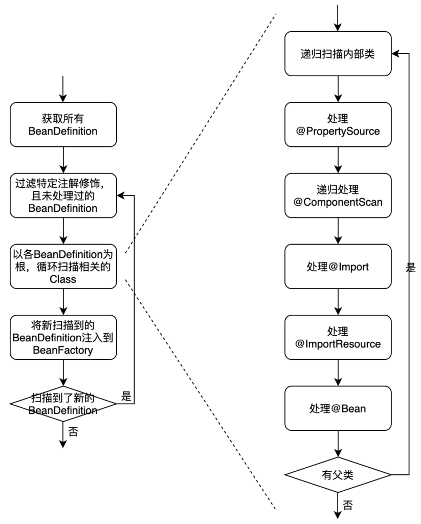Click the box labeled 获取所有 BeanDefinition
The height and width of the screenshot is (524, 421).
63,124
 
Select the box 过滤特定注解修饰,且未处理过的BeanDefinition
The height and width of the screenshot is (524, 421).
63,196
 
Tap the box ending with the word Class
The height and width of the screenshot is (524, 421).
63,266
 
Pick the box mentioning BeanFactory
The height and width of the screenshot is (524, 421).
63,337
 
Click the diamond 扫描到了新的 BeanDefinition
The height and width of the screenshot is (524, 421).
63,404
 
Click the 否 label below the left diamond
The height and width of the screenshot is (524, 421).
73,431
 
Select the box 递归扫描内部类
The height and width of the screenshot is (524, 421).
338,54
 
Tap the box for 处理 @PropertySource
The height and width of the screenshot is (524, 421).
338,124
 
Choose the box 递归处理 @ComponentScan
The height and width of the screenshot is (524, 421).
338,195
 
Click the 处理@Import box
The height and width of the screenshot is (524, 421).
338,266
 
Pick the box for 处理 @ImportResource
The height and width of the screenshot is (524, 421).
338,337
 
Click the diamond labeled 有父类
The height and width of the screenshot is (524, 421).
338,475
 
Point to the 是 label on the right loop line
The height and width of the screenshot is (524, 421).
411,267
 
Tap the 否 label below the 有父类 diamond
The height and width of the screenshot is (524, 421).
348,506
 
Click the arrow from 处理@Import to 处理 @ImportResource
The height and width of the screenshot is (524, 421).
338,302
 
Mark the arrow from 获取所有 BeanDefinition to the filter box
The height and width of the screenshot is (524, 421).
63,160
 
